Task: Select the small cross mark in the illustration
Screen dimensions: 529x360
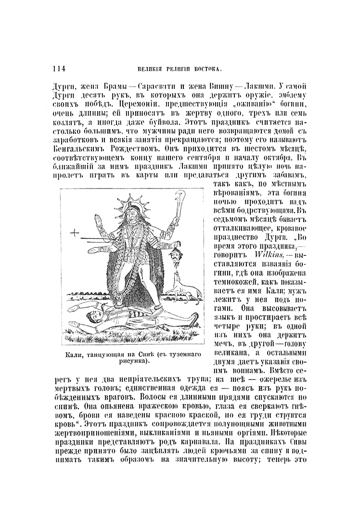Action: click(75, 234)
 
